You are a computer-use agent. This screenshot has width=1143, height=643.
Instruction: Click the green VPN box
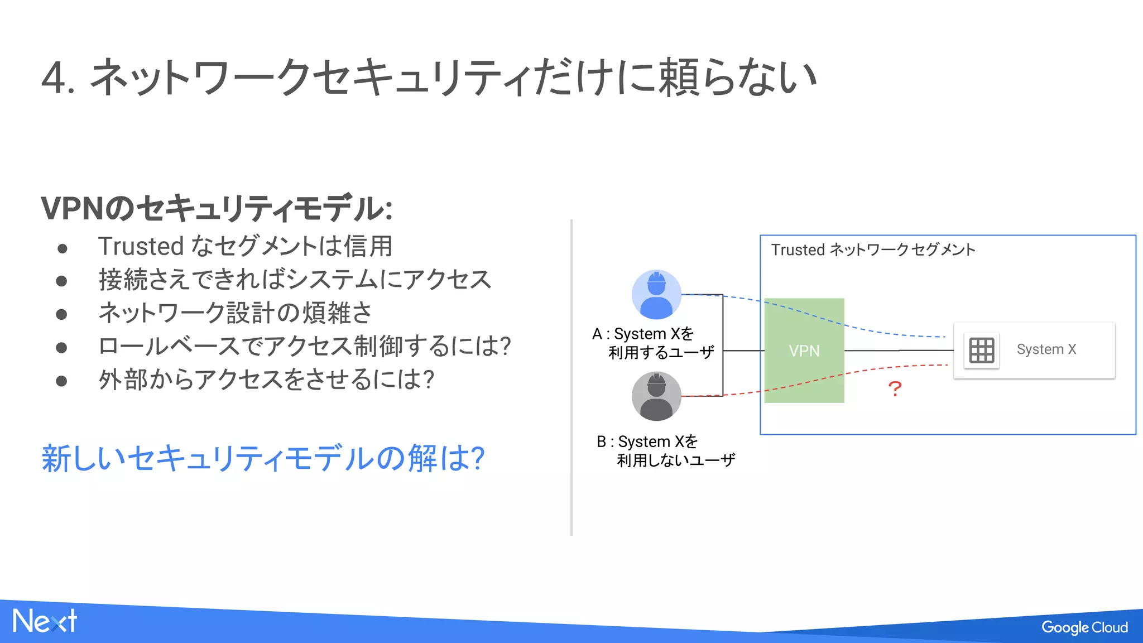804,351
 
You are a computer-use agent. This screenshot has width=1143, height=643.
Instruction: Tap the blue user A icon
656,295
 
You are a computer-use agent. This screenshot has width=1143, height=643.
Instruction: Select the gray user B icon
656,396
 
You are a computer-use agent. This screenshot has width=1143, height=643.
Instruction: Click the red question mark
895,388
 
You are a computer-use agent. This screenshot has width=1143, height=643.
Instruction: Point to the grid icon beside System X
981,351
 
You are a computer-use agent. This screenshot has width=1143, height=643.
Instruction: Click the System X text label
1046,349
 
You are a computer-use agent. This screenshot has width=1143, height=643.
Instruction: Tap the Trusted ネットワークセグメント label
873,249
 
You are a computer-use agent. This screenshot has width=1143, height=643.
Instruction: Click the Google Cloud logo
1084,627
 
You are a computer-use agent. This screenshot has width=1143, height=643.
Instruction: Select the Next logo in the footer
45,621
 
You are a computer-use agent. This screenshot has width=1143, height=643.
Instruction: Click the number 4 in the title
55,79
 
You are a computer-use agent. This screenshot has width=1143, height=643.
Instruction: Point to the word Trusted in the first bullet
141,246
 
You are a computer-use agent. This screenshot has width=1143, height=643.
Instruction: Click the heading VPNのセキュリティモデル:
217,208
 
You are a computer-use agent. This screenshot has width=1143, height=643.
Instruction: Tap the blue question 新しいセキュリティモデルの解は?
262,458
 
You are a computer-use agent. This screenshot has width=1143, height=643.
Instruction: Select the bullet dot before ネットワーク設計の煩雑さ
61,314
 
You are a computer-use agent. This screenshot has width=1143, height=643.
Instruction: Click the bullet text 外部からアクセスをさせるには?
266,380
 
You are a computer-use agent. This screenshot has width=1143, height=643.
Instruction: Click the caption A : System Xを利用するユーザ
652,343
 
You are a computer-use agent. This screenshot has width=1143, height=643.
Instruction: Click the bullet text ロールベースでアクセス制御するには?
304,346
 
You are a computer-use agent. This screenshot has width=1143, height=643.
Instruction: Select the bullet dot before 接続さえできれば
61,281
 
